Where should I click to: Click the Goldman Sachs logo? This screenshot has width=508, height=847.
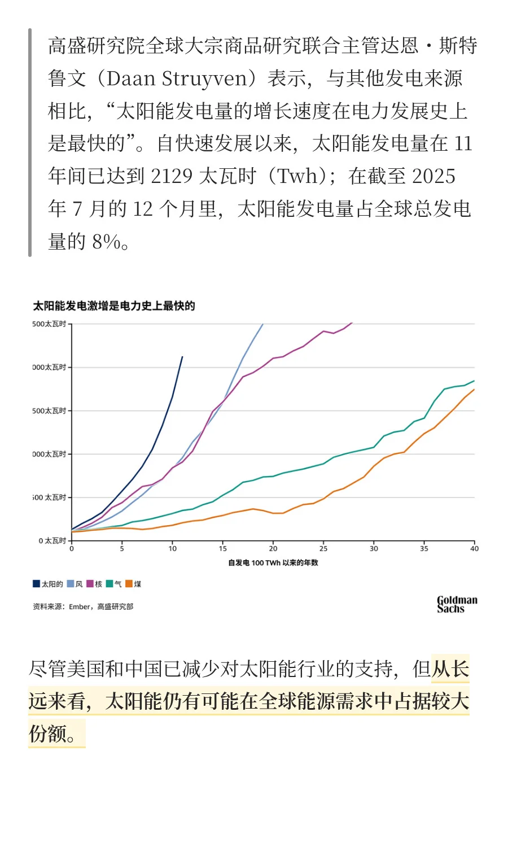457,604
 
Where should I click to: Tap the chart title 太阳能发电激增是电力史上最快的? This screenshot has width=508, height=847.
114,306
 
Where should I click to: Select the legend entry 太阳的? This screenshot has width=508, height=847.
48,584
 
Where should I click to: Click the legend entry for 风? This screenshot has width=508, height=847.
75,584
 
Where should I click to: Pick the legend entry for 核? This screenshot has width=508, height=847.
94,584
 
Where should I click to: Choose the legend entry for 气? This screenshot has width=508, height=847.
114,584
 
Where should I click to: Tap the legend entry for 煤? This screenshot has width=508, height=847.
133,584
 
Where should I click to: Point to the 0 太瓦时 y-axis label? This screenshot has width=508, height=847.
52,541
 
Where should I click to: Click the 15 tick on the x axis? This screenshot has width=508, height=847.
223,548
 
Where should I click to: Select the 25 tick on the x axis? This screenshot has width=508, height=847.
323,548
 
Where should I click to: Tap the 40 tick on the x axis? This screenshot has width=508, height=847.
474,548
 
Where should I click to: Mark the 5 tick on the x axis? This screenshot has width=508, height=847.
122,548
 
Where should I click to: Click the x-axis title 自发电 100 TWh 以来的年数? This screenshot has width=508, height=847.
273,563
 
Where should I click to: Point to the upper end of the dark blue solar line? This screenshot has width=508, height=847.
182,357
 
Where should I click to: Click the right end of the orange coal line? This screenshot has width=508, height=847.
474,390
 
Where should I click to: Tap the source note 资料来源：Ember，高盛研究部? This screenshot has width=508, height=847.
83,606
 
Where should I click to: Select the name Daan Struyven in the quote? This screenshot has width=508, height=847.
177,78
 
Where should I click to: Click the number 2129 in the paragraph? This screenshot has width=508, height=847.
172,176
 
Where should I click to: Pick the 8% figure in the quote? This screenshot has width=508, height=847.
106,242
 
